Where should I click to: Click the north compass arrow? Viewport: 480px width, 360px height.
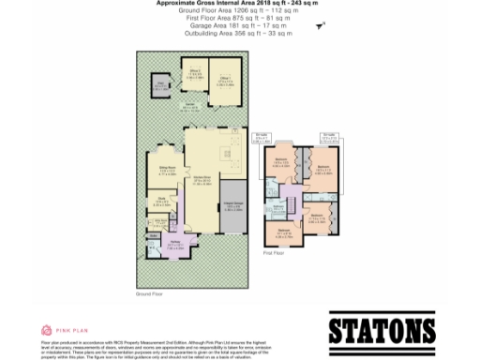[319, 29]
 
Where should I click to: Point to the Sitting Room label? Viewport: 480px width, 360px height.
[169, 170]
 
